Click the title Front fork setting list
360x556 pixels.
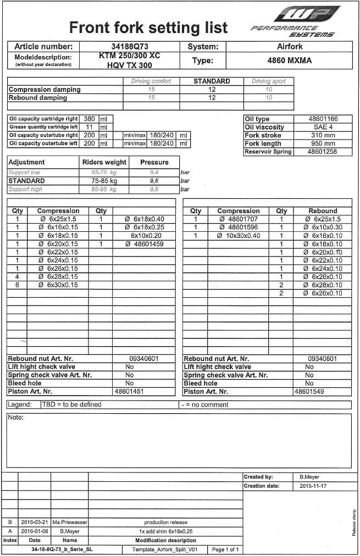click(x=148, y=27)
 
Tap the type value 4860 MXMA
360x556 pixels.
click(x=289, y=61)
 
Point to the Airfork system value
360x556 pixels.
click(x=290, y=47)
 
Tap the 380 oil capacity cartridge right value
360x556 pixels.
click(x=88, y=119)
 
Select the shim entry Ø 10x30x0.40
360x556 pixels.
click(x=239, y=236)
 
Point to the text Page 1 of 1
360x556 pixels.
click(x=225, y=549)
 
